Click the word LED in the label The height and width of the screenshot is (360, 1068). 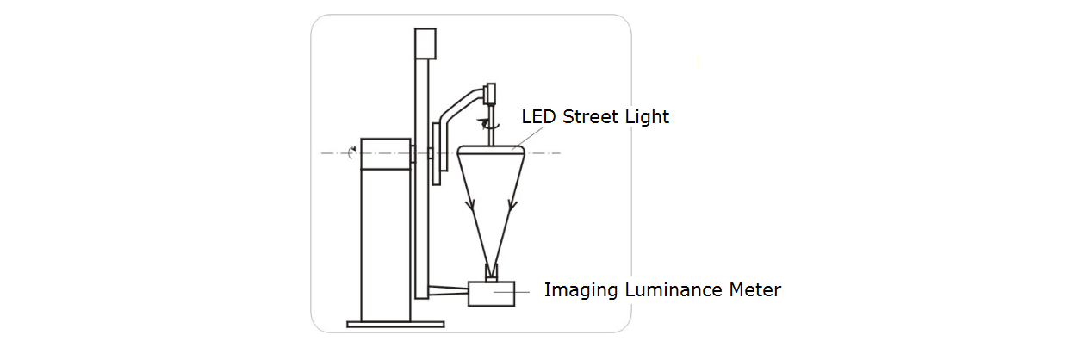tap(539, 117)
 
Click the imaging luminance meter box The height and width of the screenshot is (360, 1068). tap(491, 294)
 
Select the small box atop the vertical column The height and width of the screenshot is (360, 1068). tap(425, 43)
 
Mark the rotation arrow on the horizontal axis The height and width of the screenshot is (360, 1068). tap(351, 152)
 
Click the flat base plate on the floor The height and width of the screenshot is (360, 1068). tap(395, 325)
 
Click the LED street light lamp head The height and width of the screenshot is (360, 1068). tap(491, 152)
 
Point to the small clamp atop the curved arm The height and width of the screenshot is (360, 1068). tap(491, 93)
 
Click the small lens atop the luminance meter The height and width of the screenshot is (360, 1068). tap(491, 277)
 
